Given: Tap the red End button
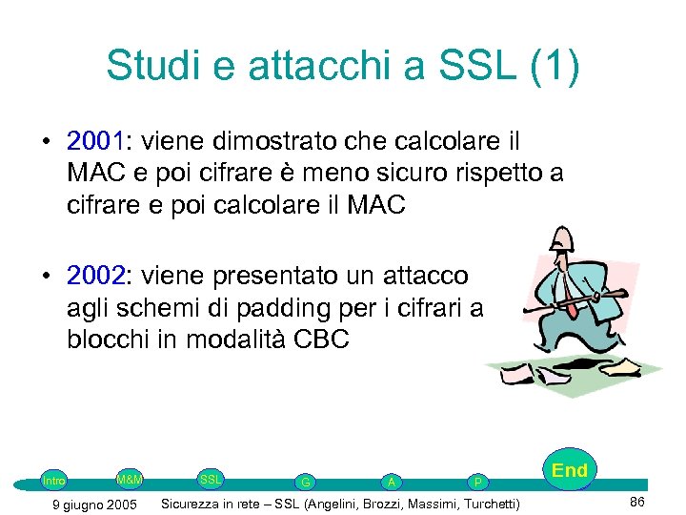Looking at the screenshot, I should coord(570,470).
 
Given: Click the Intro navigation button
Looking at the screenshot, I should coord(54,481).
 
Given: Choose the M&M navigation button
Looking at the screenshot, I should coord(130,477).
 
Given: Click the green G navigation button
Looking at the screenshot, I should coord(305,483).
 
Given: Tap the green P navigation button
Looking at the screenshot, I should coord(477,483).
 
